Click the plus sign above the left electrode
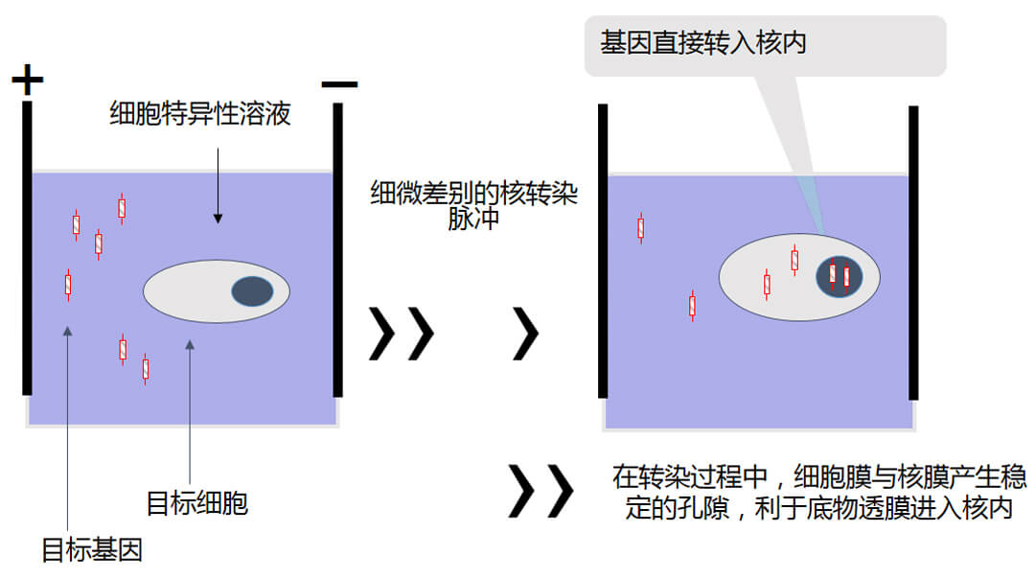(28, 80)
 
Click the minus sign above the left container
(339, 84)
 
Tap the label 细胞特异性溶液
(200, 116)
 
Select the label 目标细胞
(196, 502)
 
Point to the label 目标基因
(92, 550)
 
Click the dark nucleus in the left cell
(251, 291)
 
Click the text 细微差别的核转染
(474, 193)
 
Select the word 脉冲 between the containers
(474, 219)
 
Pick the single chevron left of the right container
(526, 333)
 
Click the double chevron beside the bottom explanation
(540, 491)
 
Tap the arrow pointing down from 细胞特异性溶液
(218, 182)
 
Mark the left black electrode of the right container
(603, 250)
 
